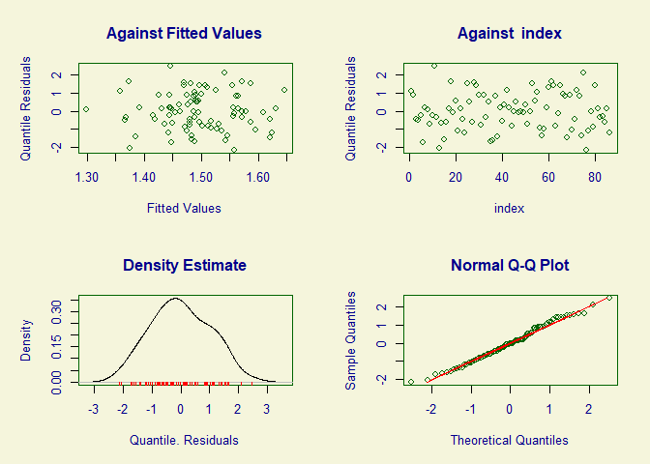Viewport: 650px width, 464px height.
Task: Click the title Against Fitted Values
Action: click(184, 34)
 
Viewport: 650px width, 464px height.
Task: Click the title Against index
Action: click(509, 34)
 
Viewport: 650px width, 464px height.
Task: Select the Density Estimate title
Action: click(184, 265)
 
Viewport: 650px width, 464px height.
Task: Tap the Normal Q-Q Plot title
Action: click(509, 265)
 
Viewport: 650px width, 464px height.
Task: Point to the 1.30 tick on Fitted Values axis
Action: click(87, 177)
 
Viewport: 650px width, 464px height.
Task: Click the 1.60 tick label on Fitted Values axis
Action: click(257, 177)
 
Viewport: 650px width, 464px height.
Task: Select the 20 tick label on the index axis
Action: click(456, 177)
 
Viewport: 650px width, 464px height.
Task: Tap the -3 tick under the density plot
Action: click(94, 409)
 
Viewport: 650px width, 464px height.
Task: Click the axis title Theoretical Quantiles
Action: click(509, 440)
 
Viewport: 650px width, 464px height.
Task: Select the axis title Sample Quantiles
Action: click(351, 342)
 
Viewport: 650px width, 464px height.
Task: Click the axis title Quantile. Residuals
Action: click(184, 440)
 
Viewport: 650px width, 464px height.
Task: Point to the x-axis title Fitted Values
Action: click(184, 208)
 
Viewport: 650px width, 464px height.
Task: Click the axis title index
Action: click(509, 208)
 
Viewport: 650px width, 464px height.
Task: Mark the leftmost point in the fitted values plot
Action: click(86, 109)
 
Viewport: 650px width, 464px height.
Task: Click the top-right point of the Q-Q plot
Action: click(609, 298)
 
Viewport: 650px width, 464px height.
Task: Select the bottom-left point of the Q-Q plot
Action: click(411, 382)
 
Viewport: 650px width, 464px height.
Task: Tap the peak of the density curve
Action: click(175, 299)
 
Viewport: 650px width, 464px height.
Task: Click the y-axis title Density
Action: click(26, 342)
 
